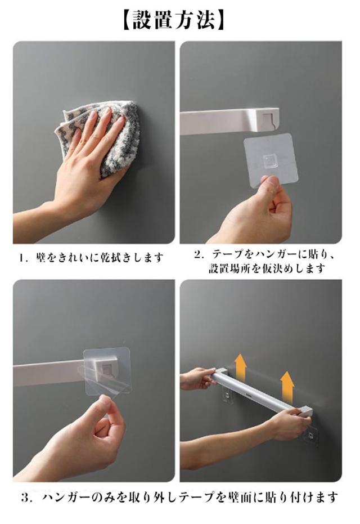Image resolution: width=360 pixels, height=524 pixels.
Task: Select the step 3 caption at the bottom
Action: tap(179, 498)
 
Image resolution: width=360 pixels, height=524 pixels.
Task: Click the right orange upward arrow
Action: tap(287, 387)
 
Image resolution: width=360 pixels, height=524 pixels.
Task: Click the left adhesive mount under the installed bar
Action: tap(228, 395)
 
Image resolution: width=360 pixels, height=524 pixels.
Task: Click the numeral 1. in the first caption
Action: tap(24, 258)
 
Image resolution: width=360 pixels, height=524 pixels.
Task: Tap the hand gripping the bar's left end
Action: tap(197, 378)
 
